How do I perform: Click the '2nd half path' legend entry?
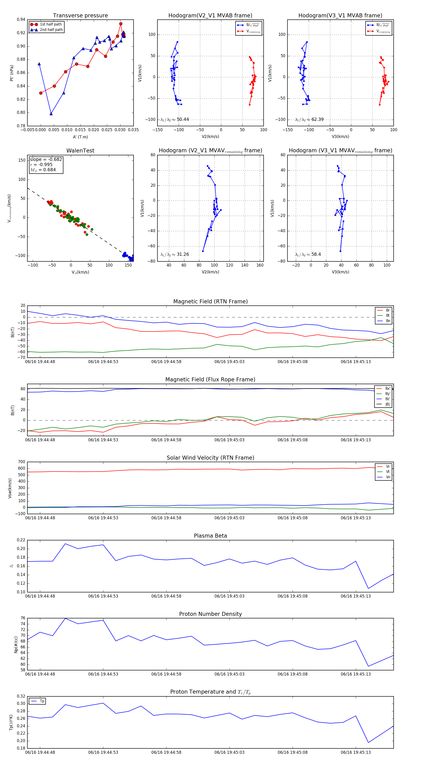51,30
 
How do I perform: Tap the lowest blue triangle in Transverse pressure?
51,114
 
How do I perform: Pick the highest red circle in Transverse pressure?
121,24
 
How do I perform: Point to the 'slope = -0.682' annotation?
46,159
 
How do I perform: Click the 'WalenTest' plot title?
80,151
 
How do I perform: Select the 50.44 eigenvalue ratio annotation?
183,119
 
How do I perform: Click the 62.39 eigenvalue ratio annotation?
317,119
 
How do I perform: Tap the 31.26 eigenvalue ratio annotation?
183,254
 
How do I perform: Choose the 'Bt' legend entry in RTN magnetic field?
388,315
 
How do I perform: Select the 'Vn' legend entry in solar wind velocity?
388,477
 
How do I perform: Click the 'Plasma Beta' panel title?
210,536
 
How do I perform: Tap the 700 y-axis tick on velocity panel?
22,462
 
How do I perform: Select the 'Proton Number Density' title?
210,614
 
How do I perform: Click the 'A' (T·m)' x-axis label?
80,137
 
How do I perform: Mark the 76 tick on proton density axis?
23,618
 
